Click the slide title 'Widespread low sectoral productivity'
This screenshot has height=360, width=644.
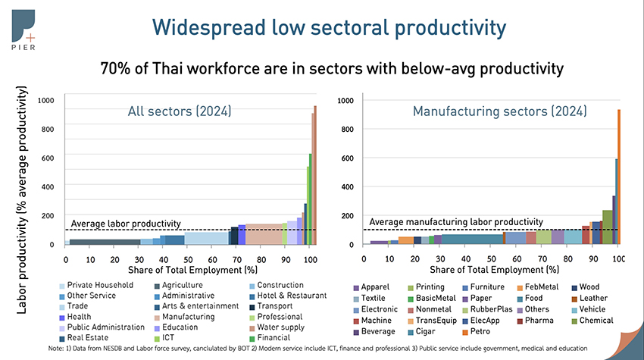coord(329,28)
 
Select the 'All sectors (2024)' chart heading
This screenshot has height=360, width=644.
coord(179,112)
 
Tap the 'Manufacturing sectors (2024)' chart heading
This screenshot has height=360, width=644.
coord(499,111)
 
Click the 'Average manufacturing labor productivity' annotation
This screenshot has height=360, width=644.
coord(455,222)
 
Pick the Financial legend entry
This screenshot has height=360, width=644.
coord(274,338)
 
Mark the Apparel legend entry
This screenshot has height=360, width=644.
coord(375,288)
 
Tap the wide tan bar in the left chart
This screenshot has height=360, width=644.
coord(264,234)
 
